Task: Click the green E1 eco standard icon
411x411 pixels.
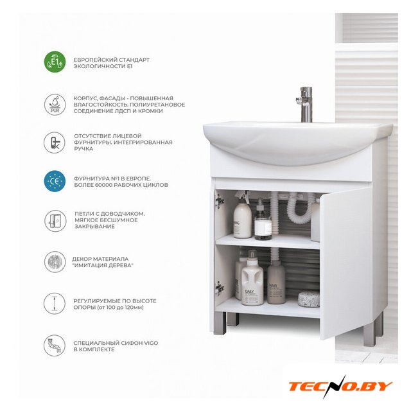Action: click(55, 62)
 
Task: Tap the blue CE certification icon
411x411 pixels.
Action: click(55, 181)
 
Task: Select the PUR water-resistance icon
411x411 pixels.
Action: click(55, 104)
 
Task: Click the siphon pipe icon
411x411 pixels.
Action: click(55, 345)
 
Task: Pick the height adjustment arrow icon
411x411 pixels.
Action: click(55, 303)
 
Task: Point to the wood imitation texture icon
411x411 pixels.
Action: click(55, 261)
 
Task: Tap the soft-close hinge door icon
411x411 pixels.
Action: click(55, 221)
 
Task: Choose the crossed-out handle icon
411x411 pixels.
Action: click(55, 143)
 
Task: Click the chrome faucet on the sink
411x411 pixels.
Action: click(305, 104)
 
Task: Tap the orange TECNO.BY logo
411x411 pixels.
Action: click(340, 387)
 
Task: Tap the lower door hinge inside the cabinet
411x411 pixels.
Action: click(220, 288)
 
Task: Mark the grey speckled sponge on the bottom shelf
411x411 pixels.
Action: click(309, 299)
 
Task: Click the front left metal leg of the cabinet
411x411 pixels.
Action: click(220, 323)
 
